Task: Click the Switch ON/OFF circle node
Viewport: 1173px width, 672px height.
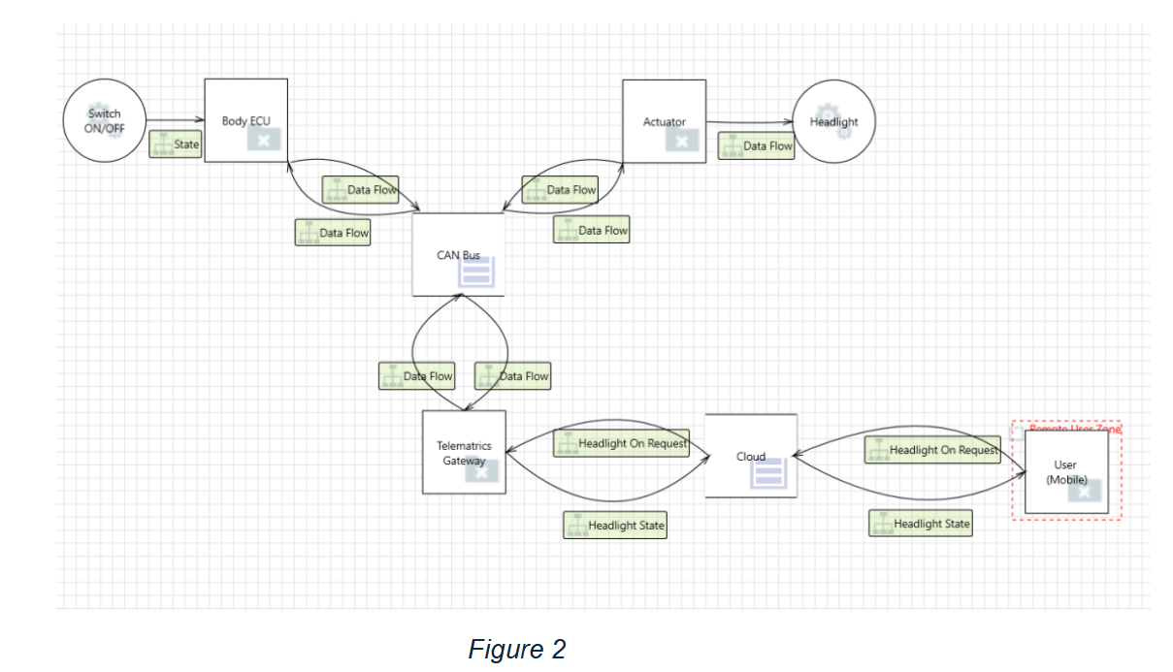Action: click(x=105, y=121)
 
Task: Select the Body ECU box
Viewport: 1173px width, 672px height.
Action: click(x=245, y=120)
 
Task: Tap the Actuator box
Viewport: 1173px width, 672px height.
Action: click(x=664, y=121)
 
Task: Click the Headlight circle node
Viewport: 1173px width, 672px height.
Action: click(x=833, y=121)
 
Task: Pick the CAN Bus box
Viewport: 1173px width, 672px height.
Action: click(x=458, y=254)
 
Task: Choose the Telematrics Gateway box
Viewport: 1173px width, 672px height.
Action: click(x=463, y=452)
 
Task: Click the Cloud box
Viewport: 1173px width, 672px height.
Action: click(x=750, y=456)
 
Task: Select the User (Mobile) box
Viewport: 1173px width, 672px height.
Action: click(x=1065, y=471)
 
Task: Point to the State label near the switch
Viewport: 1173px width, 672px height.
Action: click(x=176, y=145)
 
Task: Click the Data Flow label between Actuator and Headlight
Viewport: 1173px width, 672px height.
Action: click(x=756, y=146)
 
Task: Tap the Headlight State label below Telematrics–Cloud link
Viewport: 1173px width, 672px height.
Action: click(x=615, y=526)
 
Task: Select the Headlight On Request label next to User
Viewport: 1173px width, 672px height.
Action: click(x=932, y=451)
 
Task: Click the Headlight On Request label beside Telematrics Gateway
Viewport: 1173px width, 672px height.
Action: click(x=621, y=444)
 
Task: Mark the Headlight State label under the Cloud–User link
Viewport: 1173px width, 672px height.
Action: click(x=920, y=524)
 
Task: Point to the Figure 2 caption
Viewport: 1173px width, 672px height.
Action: click(x=516, y=649)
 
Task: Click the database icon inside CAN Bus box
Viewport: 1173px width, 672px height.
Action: click(x=476, y=273)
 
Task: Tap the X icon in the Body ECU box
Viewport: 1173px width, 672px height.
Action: click(x=262, y=140)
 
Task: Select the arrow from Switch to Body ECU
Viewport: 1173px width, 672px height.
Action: click(x=176, y=120)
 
